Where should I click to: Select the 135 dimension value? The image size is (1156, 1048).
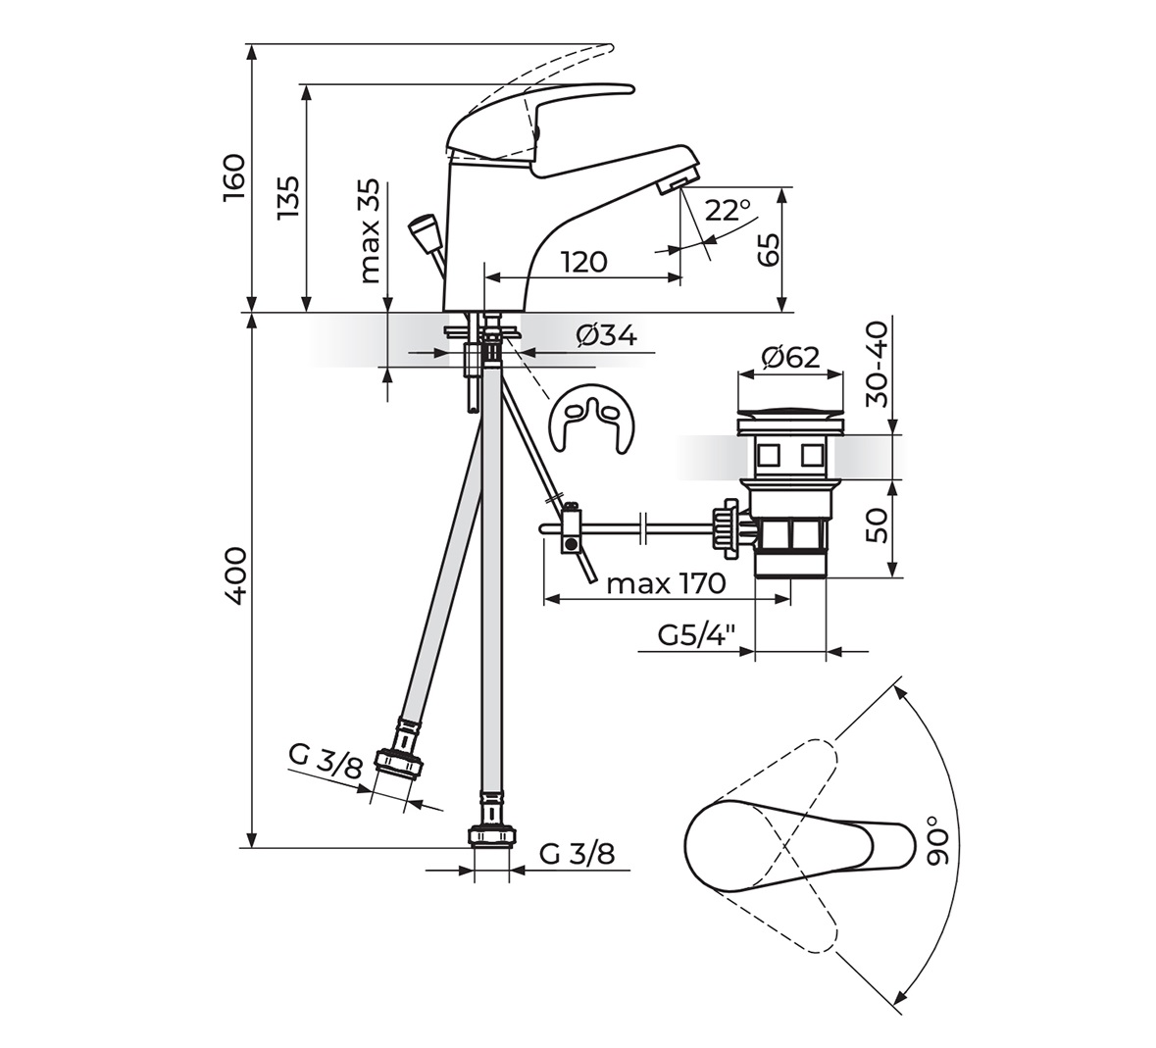point(288,197)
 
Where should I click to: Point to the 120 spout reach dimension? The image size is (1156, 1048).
point(584,262)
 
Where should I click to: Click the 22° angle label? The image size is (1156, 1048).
point(727,211)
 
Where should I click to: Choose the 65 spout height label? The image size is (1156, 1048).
point(768,249)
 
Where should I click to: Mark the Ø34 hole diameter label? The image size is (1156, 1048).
point(607,335)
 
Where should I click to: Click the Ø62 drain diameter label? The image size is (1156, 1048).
point(789,358)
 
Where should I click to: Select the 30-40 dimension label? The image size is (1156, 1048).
point(878,364)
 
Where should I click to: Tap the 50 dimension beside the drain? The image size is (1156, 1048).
point(878,526)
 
